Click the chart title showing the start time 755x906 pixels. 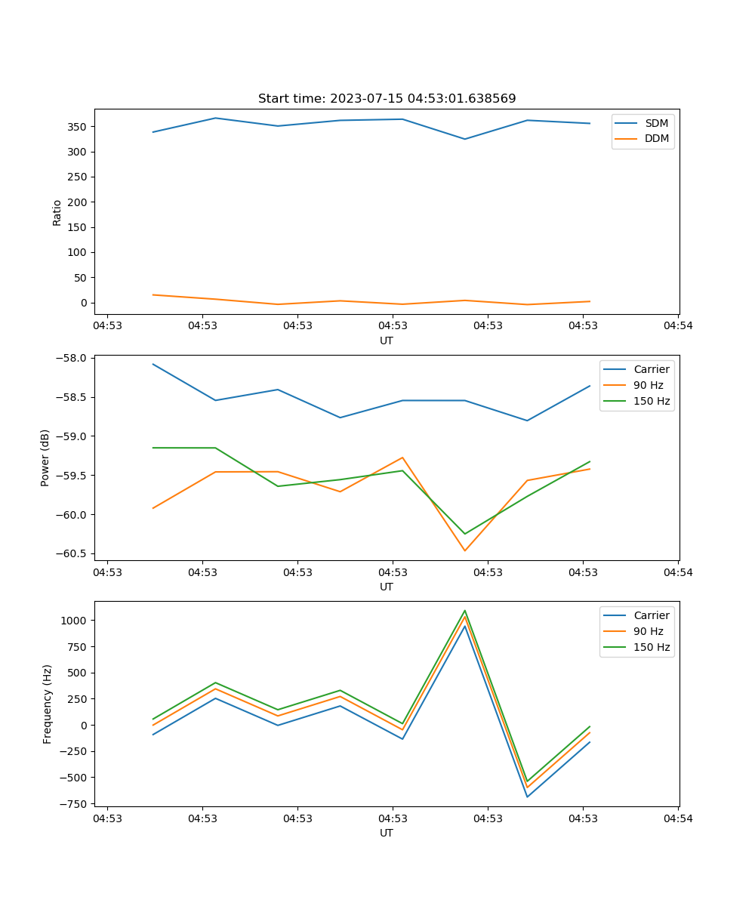tap(387, 99)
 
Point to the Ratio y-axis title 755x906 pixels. tap(57, 212)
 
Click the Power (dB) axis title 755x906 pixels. tap(45, 458)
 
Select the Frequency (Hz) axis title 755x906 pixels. tap(48, 704)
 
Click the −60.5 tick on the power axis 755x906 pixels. tap(72, 553)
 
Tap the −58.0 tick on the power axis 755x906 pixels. tap(72, 358)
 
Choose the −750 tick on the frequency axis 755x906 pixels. tap(75, 804)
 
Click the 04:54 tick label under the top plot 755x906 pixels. tap(677, 326)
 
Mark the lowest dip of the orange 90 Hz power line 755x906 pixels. tap(465, 550)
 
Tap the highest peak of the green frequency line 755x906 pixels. tap(465, 611)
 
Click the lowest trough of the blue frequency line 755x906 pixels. tap(527, 797)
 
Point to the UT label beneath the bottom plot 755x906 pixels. tap(387, 833)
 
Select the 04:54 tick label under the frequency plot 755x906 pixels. tap(677, 818)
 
